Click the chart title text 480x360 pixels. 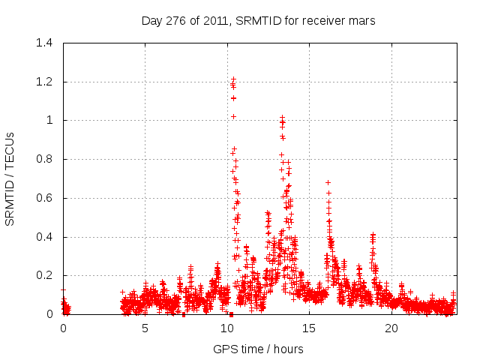(x=258, y=21)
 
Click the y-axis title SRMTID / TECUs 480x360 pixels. (x=10, y=178)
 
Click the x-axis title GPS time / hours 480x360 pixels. (x=258, y=349)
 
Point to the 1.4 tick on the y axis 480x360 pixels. (x=46, y=43)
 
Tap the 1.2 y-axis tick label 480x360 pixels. (x=46, y=82)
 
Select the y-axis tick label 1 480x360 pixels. (x=50, y=120)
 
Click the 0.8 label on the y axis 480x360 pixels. (x=46, y=159)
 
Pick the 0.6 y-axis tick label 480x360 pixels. (x=46, y=198)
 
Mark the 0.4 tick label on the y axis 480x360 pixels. (x=46, y=237)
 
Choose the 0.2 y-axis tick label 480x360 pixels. (x=46, y=276)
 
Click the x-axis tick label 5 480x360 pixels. (x=145, y=328)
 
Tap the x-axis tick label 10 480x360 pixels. (x=227, y=328)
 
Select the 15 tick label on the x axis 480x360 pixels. (x=310, y=328)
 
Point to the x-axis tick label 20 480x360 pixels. (x=391, y=328)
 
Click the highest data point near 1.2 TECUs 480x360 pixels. (x=233, y=79)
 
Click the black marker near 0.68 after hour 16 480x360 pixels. (x=328, y=182)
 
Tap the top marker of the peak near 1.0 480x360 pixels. (x=282, y=118)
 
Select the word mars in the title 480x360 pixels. (x=362, y=21)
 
